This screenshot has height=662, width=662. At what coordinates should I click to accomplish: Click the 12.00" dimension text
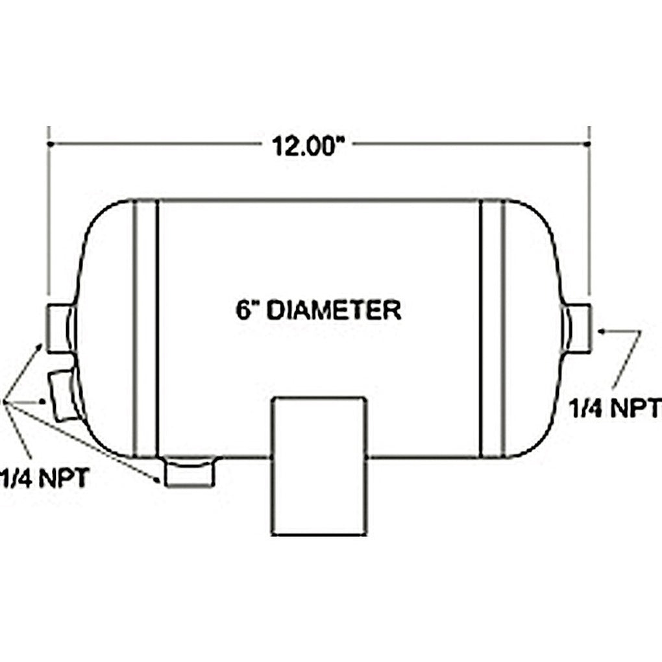(x=306, y=145)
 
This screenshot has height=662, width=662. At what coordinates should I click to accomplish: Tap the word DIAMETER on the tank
(x=334, y=310)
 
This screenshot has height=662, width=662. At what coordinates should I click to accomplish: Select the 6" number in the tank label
(x=247, y=310)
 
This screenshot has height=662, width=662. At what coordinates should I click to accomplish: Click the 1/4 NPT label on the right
(x=615, y=408)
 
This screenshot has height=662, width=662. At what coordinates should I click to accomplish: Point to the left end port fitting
(x=60, y=328)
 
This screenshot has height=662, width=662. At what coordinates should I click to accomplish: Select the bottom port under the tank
(x=190, y=472)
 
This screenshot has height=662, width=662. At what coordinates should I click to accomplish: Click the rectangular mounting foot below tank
(x=319, y=466)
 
